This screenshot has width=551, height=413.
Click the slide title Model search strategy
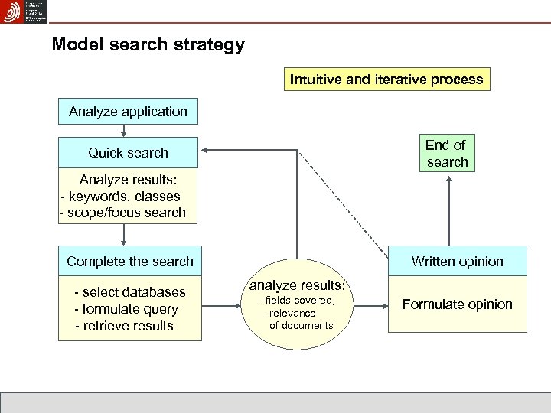148,44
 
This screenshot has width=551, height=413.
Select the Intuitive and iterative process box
386,79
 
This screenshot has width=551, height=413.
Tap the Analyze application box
128,112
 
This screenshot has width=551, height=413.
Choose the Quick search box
128,152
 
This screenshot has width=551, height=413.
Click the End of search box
446,153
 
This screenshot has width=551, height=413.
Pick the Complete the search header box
130,261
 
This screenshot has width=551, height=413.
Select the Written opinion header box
457,261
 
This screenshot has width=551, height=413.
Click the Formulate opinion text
457,304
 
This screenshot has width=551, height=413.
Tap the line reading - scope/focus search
122,213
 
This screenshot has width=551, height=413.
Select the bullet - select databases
129,292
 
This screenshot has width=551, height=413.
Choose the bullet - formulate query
126,309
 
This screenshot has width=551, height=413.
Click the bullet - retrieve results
123,326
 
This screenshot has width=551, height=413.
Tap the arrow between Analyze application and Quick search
124,132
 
